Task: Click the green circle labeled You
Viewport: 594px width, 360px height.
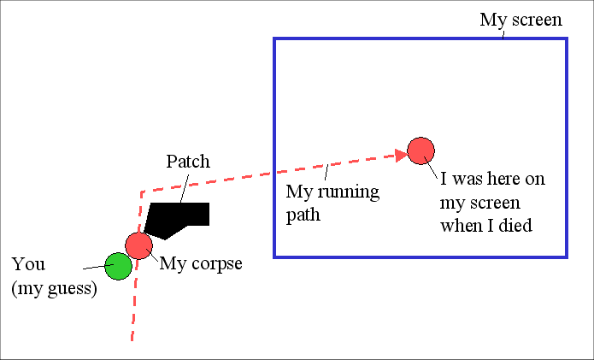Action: point(118,266)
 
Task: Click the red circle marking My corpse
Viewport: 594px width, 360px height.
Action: point(138,245)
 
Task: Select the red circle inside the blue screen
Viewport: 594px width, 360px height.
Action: point(421,150)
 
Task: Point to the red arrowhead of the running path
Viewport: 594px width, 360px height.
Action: point(399,155)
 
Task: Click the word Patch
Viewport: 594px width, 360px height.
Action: point(187,161)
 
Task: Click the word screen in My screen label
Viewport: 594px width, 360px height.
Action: point(535,20)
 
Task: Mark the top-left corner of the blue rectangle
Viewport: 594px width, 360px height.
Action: point(274,39)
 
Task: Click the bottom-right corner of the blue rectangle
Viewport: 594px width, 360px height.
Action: point(566,256)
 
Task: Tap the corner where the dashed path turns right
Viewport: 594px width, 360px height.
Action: point(140,191)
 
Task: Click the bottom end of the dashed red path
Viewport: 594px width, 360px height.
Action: point(132,339)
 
